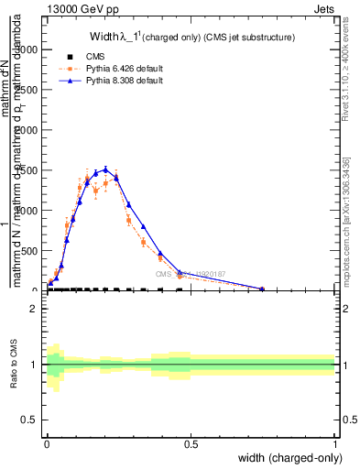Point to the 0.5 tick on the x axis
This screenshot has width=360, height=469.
click(191, 444)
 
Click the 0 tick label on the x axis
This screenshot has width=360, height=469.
click(48, 444)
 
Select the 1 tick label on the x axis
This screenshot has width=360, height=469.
click(335, 444)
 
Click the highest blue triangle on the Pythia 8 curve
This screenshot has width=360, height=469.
click(105, 169)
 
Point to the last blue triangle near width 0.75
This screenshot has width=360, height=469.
click(263, 289)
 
